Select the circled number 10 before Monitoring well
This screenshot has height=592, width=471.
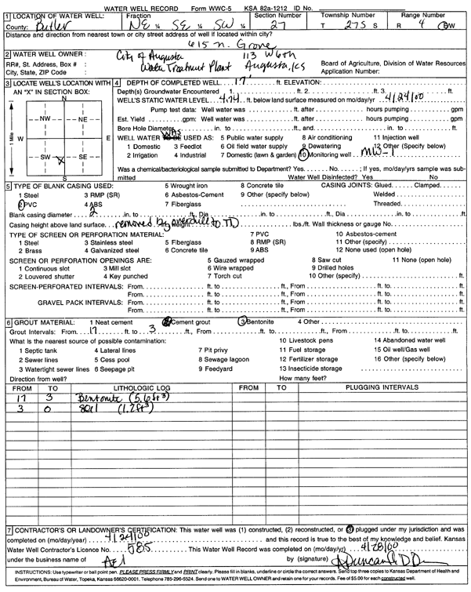[x=303, y=156]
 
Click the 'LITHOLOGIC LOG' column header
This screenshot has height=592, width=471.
[x=142, y=387]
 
